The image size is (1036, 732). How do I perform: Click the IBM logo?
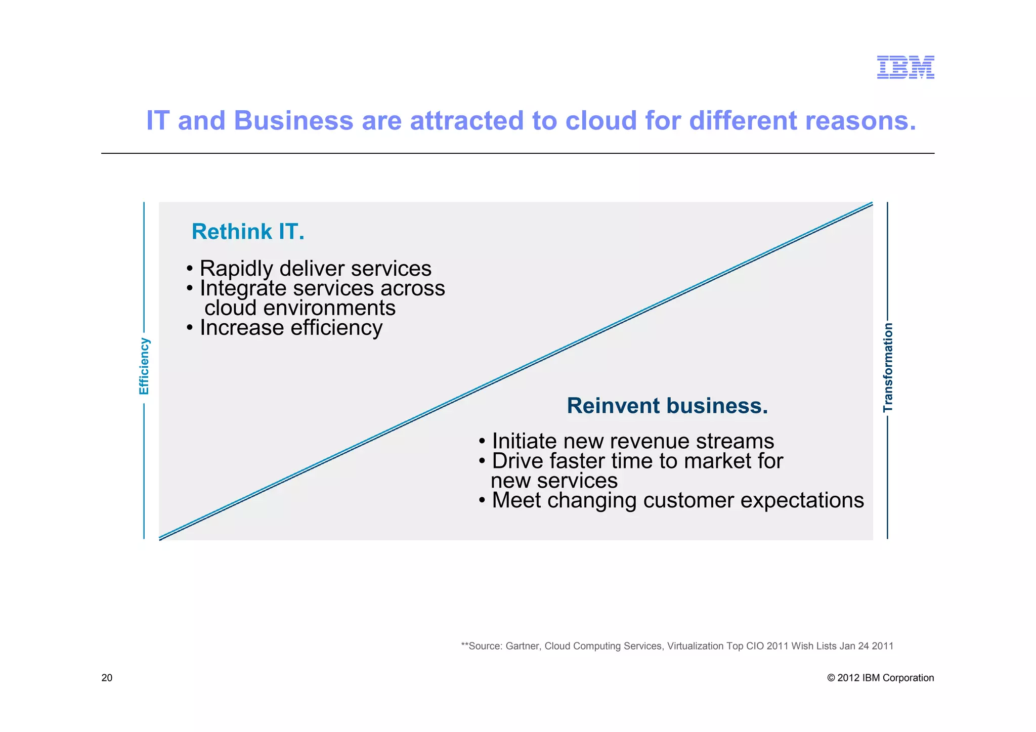[x=905, y=67]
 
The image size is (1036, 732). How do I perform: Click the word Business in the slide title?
[x=293, y=121]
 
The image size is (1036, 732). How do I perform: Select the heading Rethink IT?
[x=248, y=232]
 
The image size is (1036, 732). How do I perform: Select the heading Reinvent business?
[x=667, y=406]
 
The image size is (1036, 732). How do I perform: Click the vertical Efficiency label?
[x=144, y=366]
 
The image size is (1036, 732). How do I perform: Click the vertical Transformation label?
[x=888, y=367]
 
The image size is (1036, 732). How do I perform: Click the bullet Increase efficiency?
[x=290, y=328]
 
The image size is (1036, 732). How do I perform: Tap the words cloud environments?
[x=299, y=308]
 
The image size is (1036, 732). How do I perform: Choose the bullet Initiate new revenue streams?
[x=632, y=441]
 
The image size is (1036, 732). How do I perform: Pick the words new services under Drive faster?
[x=554, y=481]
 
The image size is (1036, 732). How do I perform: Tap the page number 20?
[x=107, y=678]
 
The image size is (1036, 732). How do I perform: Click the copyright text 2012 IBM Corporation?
[x=885, y=678]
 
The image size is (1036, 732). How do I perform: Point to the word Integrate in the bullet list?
[x=243, y=288]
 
